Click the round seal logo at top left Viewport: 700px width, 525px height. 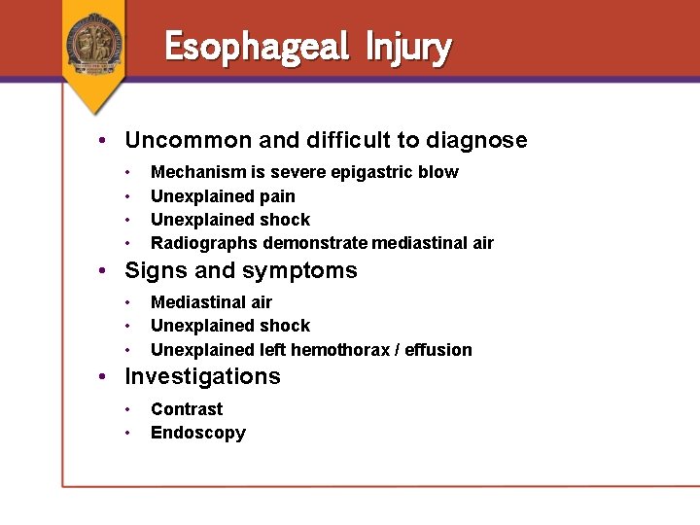coord(94,42)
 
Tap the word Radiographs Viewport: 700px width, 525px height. coord(203,243)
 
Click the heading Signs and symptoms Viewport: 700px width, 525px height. coord(241,270)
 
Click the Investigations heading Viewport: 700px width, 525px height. coord(202,376)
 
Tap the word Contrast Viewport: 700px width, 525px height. coord(187,409)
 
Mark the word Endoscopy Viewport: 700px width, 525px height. coord(198,433)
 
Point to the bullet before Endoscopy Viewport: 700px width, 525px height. coord(129,434)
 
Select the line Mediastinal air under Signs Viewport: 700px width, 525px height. coord(211,302)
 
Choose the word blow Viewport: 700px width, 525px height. coord(440,172)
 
